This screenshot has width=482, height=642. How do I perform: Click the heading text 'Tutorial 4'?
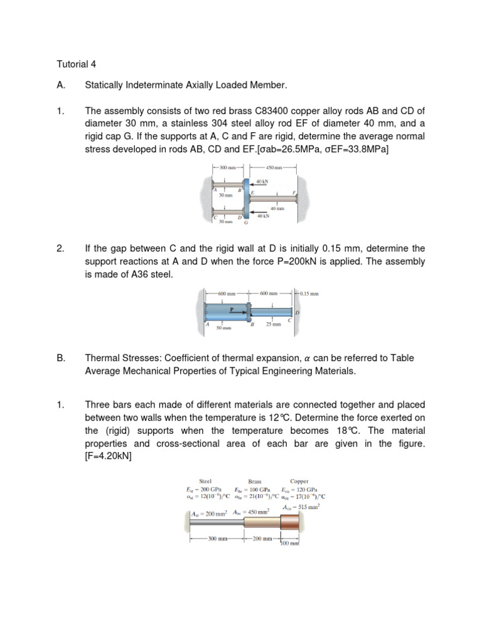coord(77,64)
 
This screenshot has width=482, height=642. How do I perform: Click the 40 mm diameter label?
coord(277,208)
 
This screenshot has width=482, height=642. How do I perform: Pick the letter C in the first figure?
coord(216,216)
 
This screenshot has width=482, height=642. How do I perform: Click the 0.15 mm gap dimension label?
coord(309,293)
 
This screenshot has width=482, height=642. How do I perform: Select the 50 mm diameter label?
coord(224,327)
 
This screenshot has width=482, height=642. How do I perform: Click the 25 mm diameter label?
coord(273,325)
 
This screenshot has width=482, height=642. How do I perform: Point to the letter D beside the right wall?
coord(297,312)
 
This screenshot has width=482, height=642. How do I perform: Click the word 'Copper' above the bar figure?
coord(299,482)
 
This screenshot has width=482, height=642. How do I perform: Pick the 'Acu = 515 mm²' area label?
coord(302,506)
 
